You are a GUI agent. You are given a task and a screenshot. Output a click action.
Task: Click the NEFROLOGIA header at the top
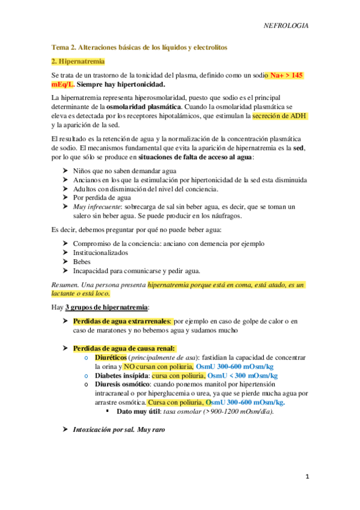pos(287,26)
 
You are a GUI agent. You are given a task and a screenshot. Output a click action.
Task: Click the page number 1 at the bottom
pos(307,477)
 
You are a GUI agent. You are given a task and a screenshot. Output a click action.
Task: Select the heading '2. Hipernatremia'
pos(78,61)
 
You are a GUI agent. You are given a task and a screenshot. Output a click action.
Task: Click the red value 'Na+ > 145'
pos(287,75)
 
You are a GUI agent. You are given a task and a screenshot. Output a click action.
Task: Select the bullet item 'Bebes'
pos(82,262)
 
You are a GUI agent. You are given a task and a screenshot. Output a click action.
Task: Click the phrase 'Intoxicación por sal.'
pos(103,430)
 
